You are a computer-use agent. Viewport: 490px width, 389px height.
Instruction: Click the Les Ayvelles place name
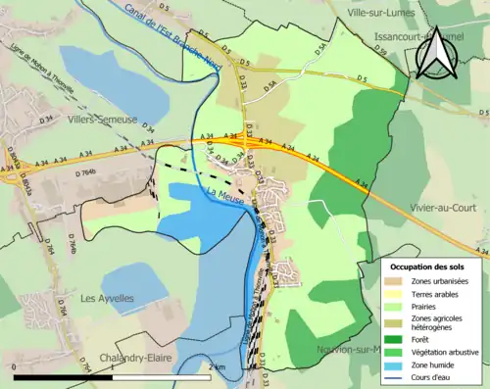click(107, 298)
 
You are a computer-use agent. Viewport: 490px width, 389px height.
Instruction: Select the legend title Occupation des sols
click(428, 266)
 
